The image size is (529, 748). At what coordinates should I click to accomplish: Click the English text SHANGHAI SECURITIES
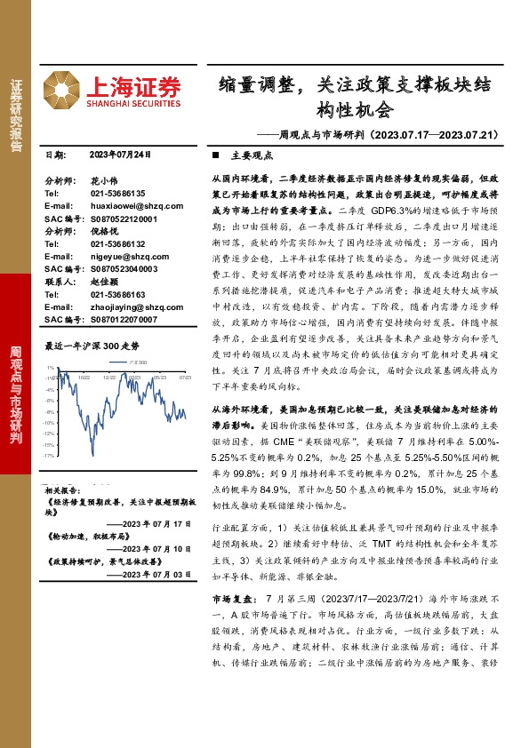pyautogui.click(x=133, y=103)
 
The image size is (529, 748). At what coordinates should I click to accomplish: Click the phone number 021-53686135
pyautogui.click(x=117, y=193)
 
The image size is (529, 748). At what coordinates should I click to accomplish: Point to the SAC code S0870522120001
pyautogui.click(x=124, y=218)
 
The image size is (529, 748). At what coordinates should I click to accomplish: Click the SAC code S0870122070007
pyautogui.click(x=124, y=319)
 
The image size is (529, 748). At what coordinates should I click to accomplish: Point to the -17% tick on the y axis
pyautogui.click(x=49, y=454)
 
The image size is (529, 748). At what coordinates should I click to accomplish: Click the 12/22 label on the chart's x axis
pyautogui.click(x=108, y=377)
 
